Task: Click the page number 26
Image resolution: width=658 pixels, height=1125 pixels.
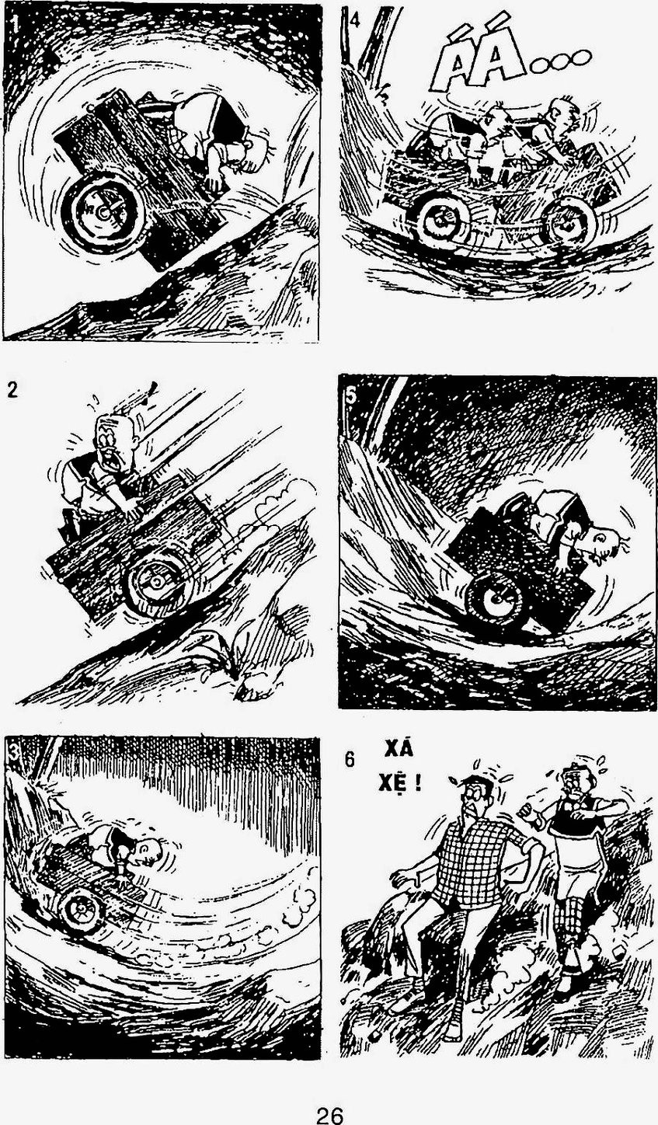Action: coord(329,1112)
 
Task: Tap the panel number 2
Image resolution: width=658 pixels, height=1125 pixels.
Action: coord(12,390)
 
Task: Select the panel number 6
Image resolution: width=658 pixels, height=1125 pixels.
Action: coord(350,759)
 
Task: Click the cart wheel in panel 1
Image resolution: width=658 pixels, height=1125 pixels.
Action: coord(104,212)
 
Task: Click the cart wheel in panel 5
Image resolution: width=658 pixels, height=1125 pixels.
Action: coord(495,599)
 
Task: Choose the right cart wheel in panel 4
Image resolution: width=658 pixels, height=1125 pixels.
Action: coord(572,223)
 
